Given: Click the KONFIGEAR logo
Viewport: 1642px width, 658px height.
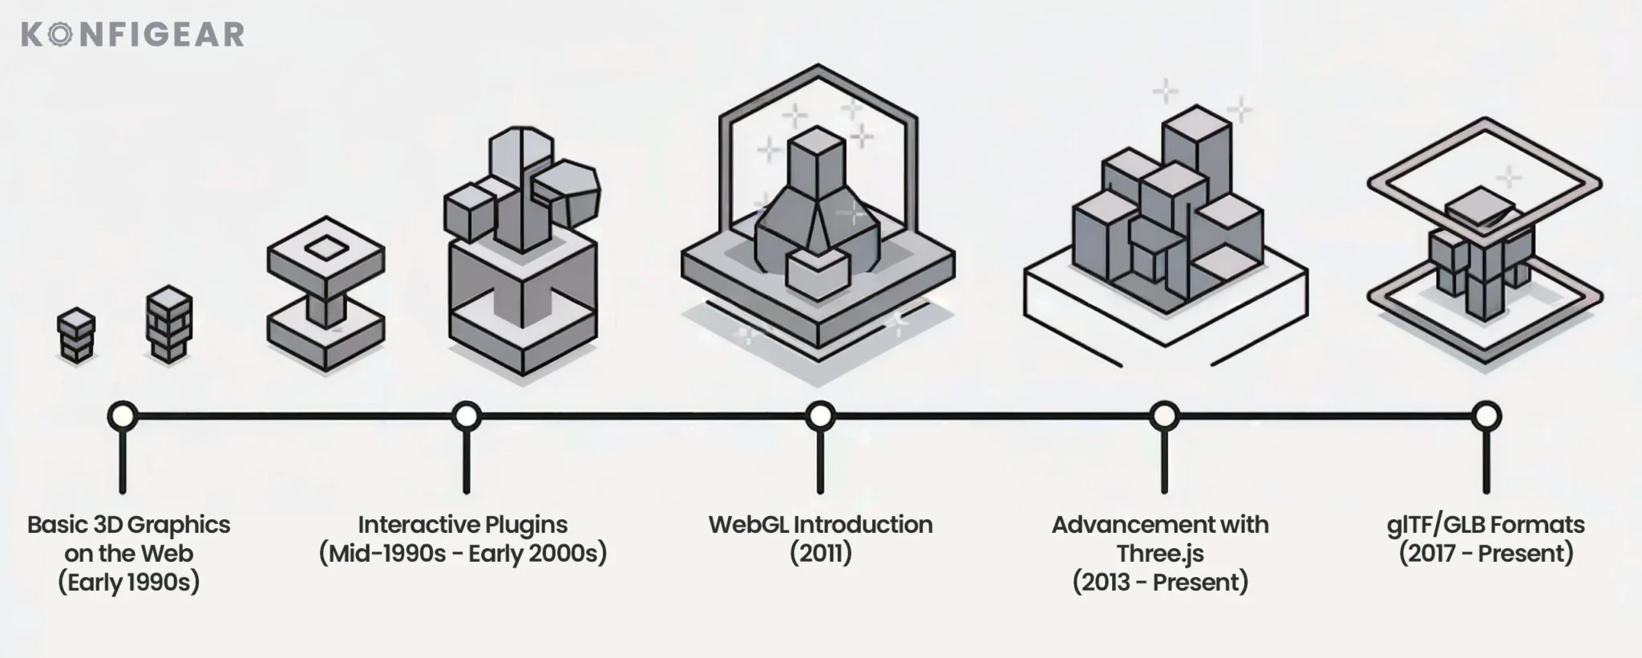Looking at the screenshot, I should [x=132, y=35].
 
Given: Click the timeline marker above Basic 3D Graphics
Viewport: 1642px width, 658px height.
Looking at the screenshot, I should [x=122, y=416].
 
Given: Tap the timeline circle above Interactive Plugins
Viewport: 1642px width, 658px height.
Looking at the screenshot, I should [x=466, y=416].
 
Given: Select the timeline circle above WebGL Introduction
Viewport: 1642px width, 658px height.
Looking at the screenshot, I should [x=819, y=416].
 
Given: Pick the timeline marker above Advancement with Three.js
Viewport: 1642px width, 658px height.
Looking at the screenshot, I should [x=1163, y=416].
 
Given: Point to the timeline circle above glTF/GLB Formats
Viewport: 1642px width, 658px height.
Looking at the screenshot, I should [x=1486, y=416].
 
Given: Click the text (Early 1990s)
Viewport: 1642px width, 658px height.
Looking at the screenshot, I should [x=129, y=583].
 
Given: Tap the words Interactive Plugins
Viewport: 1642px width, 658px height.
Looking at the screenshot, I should [x=463, y=525].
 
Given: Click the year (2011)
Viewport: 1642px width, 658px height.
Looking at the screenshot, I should [x=820, y=554].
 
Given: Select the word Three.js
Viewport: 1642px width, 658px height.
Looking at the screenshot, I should [x=1160, y=554].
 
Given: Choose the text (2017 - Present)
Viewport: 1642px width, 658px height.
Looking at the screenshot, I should [x=1486, y=554].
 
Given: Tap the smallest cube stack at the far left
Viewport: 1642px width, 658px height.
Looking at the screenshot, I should [x=76, y=335].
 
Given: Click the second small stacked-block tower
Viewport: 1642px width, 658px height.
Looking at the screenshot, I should [x=169, y=324].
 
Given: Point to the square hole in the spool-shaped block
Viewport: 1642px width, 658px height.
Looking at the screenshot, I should [x=325, y=248].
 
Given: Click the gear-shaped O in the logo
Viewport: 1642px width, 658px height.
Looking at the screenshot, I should [x=57, y=35].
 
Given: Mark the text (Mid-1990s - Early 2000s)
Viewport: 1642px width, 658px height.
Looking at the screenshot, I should [x=463, y=554].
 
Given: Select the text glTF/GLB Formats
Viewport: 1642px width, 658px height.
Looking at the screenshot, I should [x=1486, y=525].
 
